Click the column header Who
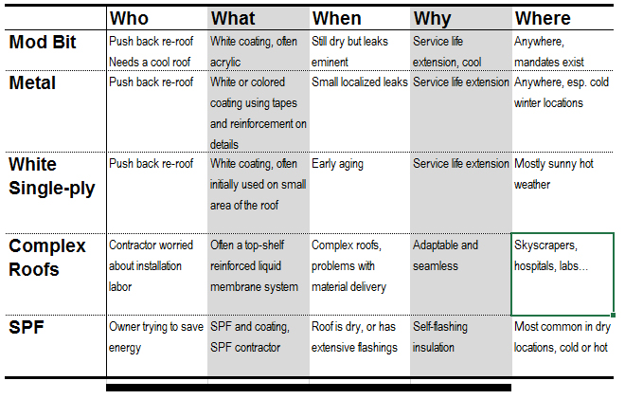pyautogui.click(x=129, y=19)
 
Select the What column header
pyautogui.click(x=233, y=19)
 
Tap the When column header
pyautogui.click(x=337, y=19)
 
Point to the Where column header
pyautogui.click(x=543, y=19)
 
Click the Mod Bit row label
pyautogui.click(x=43, y=42)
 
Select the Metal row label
pyautogui.click(x=32, y=83)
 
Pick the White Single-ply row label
pyautogui.click(x=52, y=176)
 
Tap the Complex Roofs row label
pyautogui.click(x=47, y=258)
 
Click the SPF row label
pyautogui.click(x=27, y=328)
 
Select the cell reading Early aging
pyautogui.click(x=337, y=164)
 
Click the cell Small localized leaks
pyautogui.click(x=360, y=82)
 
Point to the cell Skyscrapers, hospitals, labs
pyautogui.click(x=551, y=256)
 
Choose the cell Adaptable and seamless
pyautogui.click(x=445, y=256)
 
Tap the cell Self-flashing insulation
pyautogui.click(x=440, y=337)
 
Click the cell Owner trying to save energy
pyautogui.click(x=156, y=337)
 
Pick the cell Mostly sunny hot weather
pyautogui.click(x=554, y=174)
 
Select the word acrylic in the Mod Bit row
pyautogui.click(x=225, y=63)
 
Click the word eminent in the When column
pyautogui.click(x=330, y=63)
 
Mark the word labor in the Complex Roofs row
pyautogui.click(x=120, y=287)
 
